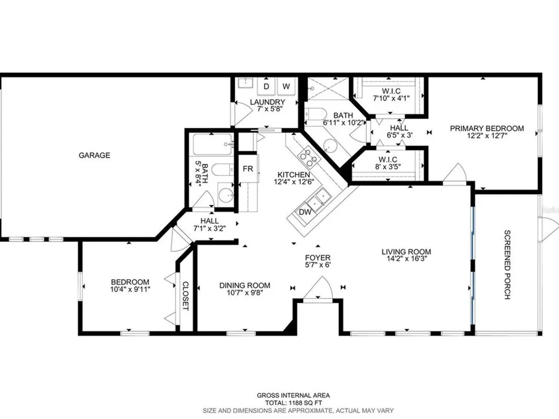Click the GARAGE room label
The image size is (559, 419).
pyautogui.click(x=94, y=155)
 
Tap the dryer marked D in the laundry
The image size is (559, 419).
pyautogui.click(x=266, y=87)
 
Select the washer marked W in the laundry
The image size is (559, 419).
pyautogui.click(x=286, y=87)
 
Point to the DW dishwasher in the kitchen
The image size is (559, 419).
pyautogui.click(x=305, y=212)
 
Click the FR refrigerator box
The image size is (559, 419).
pyautogui.click(x=248, y=169)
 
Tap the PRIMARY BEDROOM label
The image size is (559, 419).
pyautogui.click(x=487, y=128)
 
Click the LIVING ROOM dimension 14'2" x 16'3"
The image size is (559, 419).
pyautogui.click(x=406, y=259)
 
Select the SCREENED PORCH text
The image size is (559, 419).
pyautogui.click(x=508, y=264)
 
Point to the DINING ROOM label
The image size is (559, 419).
pyautogui.click(x=245, y=285)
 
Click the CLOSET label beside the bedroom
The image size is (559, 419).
pyautogui.click(x=186, y=296)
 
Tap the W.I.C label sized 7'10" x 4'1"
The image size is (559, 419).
pyautogui.click(x=391, y=91)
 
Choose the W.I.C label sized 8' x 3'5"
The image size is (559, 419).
pyautogui.click(x=388, y=160)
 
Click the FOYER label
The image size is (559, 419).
pyautogui.click(x=318, y=258)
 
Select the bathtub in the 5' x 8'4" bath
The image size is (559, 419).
pyautogui.click(x=213, y=144)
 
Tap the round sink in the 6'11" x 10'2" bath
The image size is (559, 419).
pyautogui.click(x=330, y=145)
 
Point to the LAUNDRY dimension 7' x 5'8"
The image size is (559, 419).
pyautogui.click(x=270, y=109)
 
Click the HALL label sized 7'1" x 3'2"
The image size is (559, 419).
pyautogui.click(x=210, y=221)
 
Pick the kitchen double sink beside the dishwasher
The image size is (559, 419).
pyautogui.click(x=319, y=199)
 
